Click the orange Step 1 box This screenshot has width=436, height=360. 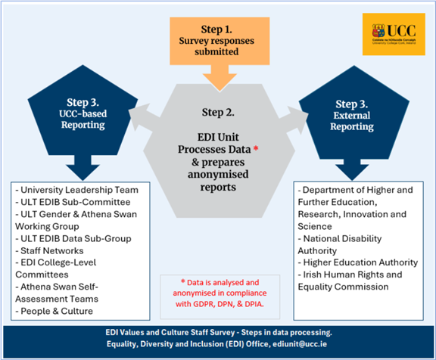pos(218,42)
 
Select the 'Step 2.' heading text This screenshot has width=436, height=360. pos(218,113)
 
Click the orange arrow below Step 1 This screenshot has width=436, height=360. pos(218,76)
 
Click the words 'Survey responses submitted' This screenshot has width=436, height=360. pos(218,47)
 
